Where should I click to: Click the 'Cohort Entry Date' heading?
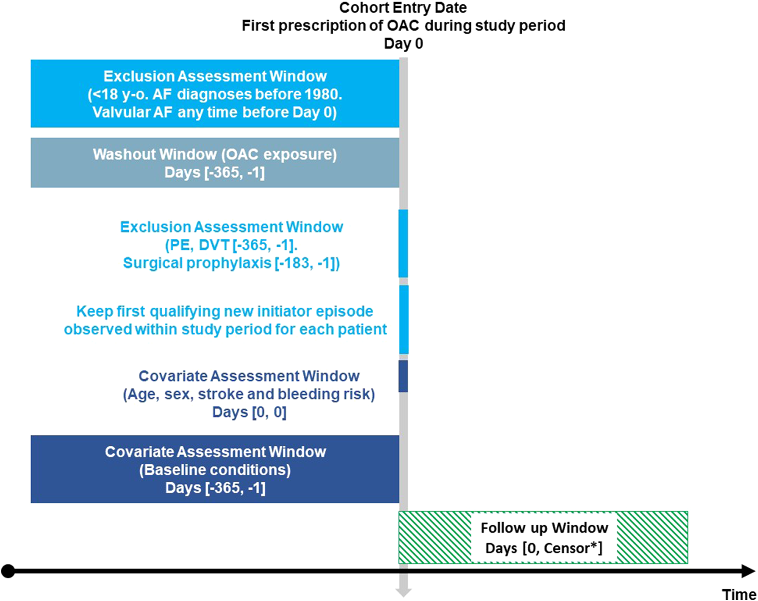click(x=403, y=8)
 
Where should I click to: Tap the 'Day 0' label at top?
click(x=403, y=44)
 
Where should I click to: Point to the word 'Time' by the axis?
click(x=739, y=594)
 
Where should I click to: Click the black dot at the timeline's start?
click(x=8, y=571)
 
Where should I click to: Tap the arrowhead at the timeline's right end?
click(x=748, y=571)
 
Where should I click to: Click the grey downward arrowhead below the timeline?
click(x=403, y=592)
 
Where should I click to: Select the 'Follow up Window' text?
click(x=544, y=528)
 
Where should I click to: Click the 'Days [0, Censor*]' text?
click(x=544, y=549)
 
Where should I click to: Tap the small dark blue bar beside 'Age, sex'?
click(x=403, y=376)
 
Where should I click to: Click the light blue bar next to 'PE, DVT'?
click(x=403, y=243)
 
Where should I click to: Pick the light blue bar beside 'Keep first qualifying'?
click(x=403, y=319)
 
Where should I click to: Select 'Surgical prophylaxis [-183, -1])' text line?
click(x=231, y=263)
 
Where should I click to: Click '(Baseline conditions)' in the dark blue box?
click(x=215, y=470)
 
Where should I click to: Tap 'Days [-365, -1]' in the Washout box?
click(x=215, y=173)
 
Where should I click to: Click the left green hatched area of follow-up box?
click(x=435, y=538)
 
